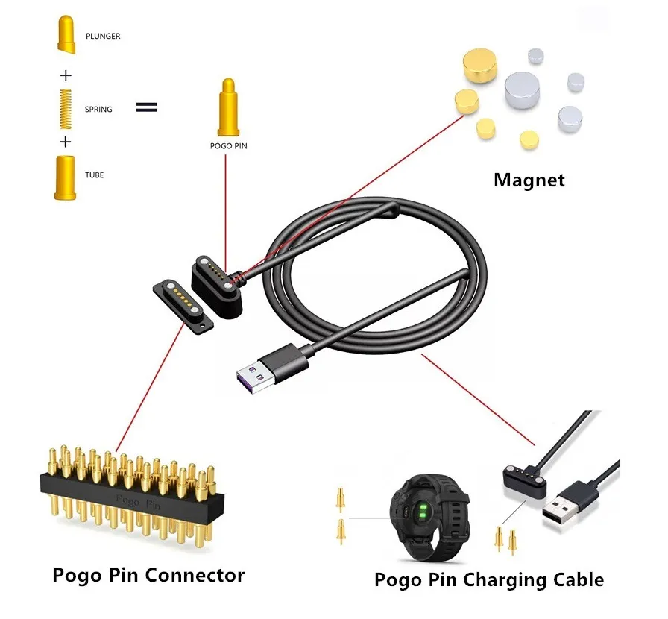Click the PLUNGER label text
pos(103,36)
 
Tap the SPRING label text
pos(98,110)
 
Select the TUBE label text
pos(94,175)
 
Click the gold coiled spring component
pos(65,107)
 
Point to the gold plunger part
pos(66,35)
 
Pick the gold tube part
pos(65,177)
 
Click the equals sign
pos(146,107)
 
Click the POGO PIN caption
pos(228,147)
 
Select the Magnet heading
pos(529,180)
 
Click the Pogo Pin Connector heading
pos(148,575)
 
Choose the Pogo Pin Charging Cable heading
pos(488,579)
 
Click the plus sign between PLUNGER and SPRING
pos(66,75)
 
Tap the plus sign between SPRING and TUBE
pos(66,142)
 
